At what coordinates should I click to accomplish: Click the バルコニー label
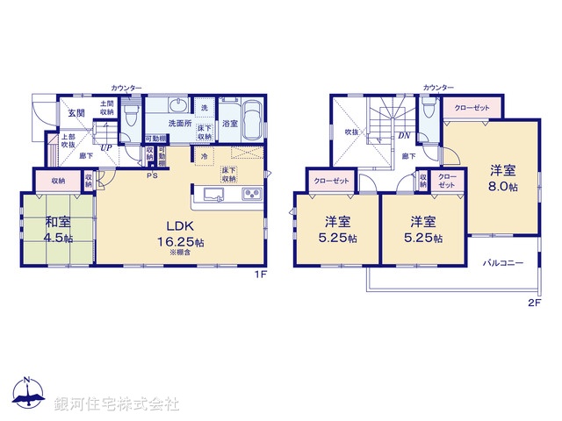502,262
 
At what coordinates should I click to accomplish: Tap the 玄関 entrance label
76,113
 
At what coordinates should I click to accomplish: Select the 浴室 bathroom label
230,123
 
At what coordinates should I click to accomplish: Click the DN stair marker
405,136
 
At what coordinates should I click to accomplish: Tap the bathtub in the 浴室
252,119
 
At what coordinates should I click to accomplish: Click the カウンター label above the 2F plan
438,88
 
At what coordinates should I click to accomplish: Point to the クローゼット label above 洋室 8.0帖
472,108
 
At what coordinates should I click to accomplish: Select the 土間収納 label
106,108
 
